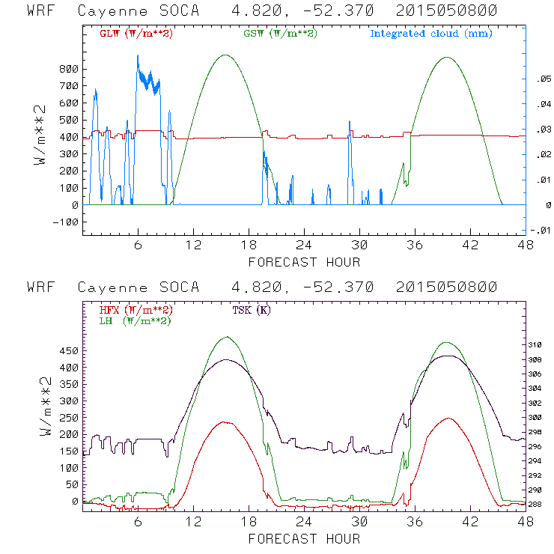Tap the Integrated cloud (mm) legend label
coord(431,34)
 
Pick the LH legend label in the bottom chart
coord(135,320)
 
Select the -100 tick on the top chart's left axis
coord(67,222)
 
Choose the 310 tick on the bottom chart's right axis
coord(536,345)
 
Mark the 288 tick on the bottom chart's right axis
coord(536,505)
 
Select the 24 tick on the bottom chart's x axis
coord(304,522)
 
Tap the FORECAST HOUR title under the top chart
coord(304,262)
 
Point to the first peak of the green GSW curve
coord(225,55)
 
